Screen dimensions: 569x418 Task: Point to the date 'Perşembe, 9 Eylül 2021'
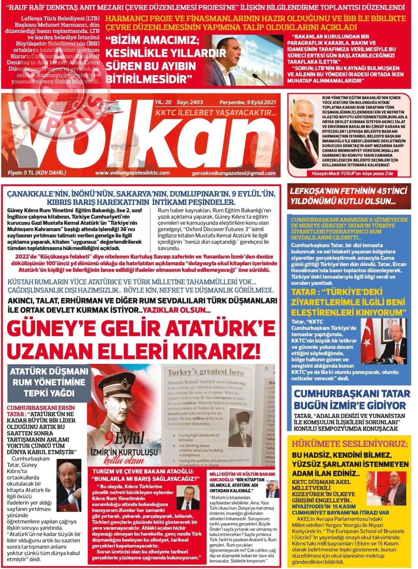coord(248,102)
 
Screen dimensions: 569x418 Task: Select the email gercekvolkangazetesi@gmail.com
coord(234,173)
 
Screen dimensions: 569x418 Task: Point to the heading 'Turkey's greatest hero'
coord(205,372)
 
